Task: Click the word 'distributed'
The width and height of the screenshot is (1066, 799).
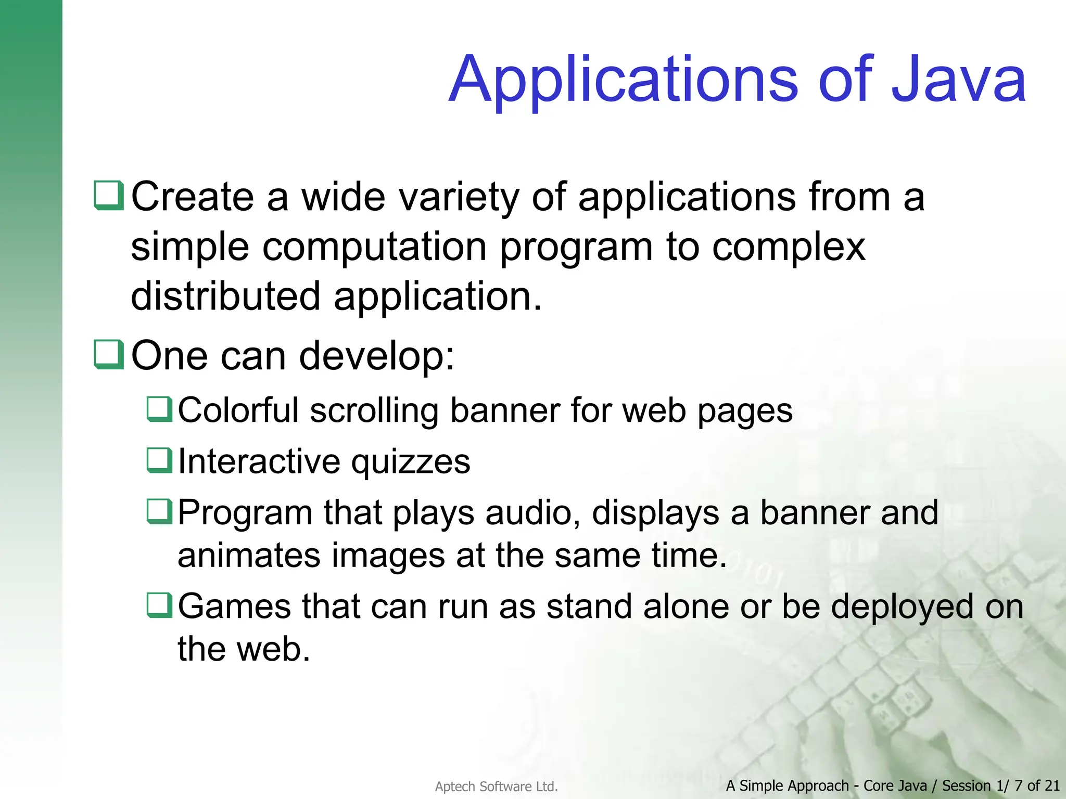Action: (x=225, y=297)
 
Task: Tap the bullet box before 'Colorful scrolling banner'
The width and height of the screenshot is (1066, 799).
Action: (x=159, y=409)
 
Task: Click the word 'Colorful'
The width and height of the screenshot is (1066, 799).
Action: (x=238, y=410)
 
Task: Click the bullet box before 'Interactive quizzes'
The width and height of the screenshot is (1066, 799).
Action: (x=159, y=460)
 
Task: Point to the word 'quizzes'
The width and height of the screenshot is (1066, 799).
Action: (x=410, y=463)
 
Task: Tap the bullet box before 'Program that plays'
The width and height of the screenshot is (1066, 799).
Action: (x=159, y=511)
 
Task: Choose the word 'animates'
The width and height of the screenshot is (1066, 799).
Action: (x=248, y=556)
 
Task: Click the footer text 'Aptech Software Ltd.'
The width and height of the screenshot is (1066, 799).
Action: (x=496, y=787)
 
